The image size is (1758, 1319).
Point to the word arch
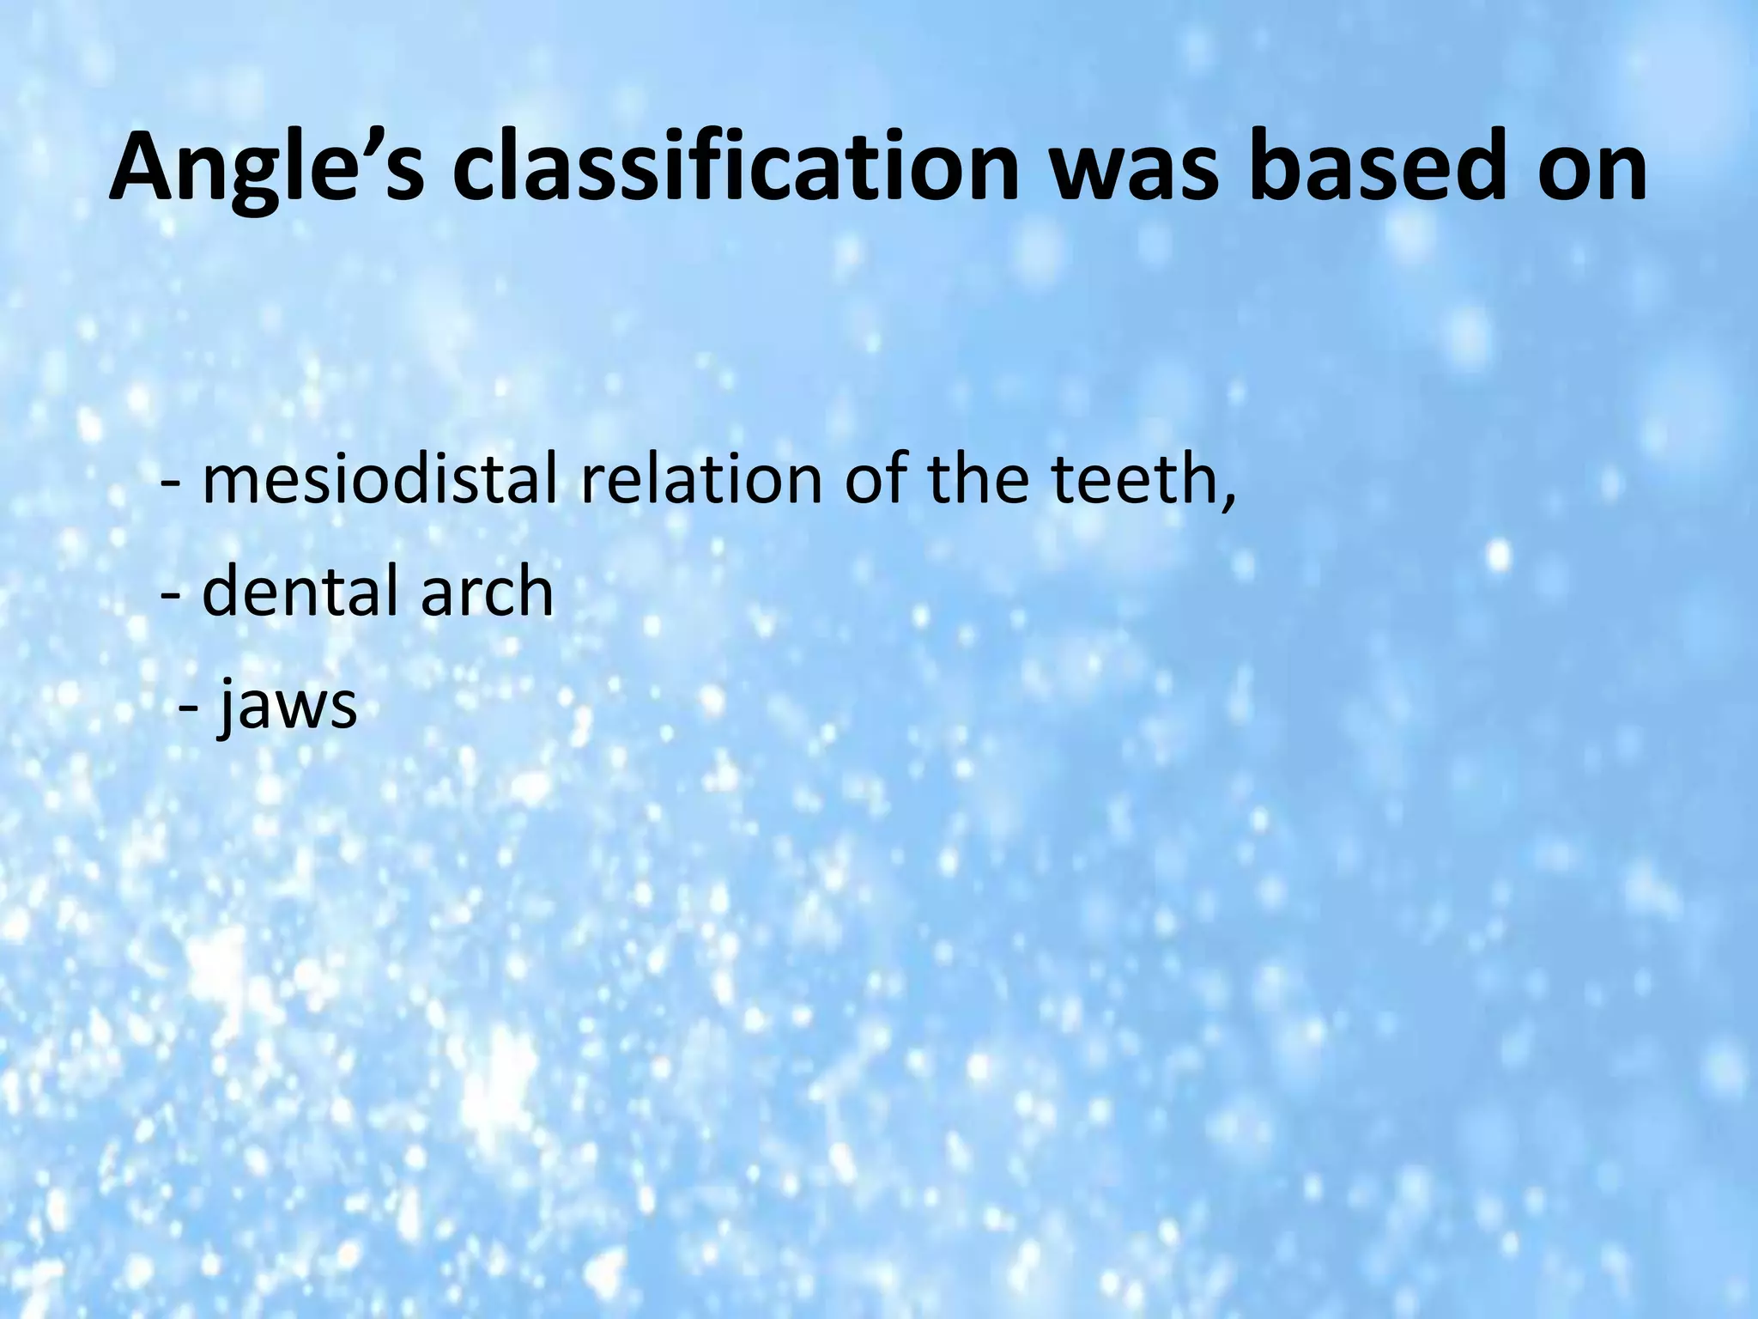click(x=487, y=592)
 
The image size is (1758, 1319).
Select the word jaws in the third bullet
click(x=287, y=706)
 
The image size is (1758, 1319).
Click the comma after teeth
click(x=1229, y=501)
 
